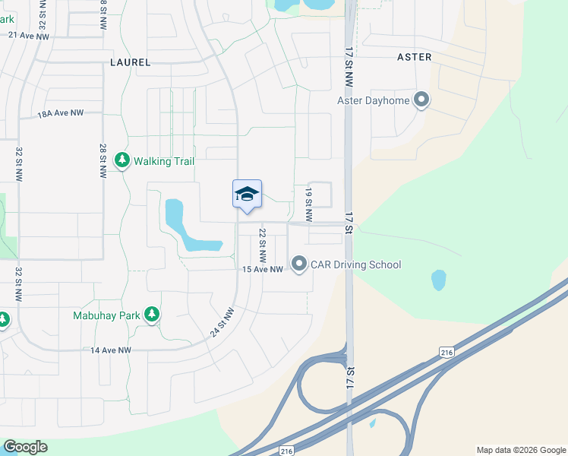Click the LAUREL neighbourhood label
pyautogui.click(x=130, y=62)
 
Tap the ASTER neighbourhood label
pyautogui.click(x=415, y=57)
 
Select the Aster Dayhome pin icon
pyautogui.click(x=421, y=100)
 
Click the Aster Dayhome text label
pyautogui.click(x=374, y=100)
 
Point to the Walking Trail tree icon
pyautogui.click(x=121, y=161)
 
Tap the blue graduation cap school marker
pyautogui.click(x=247, y=195)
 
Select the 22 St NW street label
pyautogui.click(x=263, y=244)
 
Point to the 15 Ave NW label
pyautogui.click(x=262, y=270)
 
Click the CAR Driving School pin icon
pyautogui.click(x=298, y=264)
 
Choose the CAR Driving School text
pyautogui.click(x=355, y=264)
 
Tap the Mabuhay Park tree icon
pyautogui.click(x=152, y=314)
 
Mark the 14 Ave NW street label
pyautogui.click(x=111, y=350)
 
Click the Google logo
pyautogui.click(x=25, y=447)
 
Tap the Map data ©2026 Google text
pyautogui.click(x=520, y=450)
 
